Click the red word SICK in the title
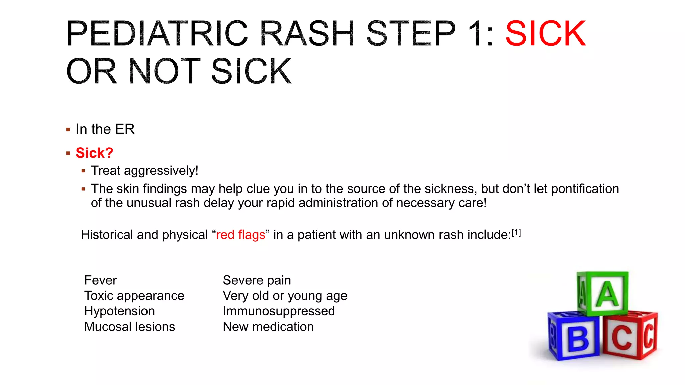[x=546, y=34]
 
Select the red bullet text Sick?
[x=94, y=153]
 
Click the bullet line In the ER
[x=105, y=129]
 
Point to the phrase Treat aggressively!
[x=144, y=171]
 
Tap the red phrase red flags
[x=240, y=235]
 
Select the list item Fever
[x=100, y=280]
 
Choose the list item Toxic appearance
[x=134, y=296]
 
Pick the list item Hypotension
[x=119, y=311]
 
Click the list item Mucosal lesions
[x=129, y=327]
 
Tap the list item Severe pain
[x=257, y=280]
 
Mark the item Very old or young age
[x=285, y=296]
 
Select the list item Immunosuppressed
[x=279, y=311]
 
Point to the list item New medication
[x=268, y=327]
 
